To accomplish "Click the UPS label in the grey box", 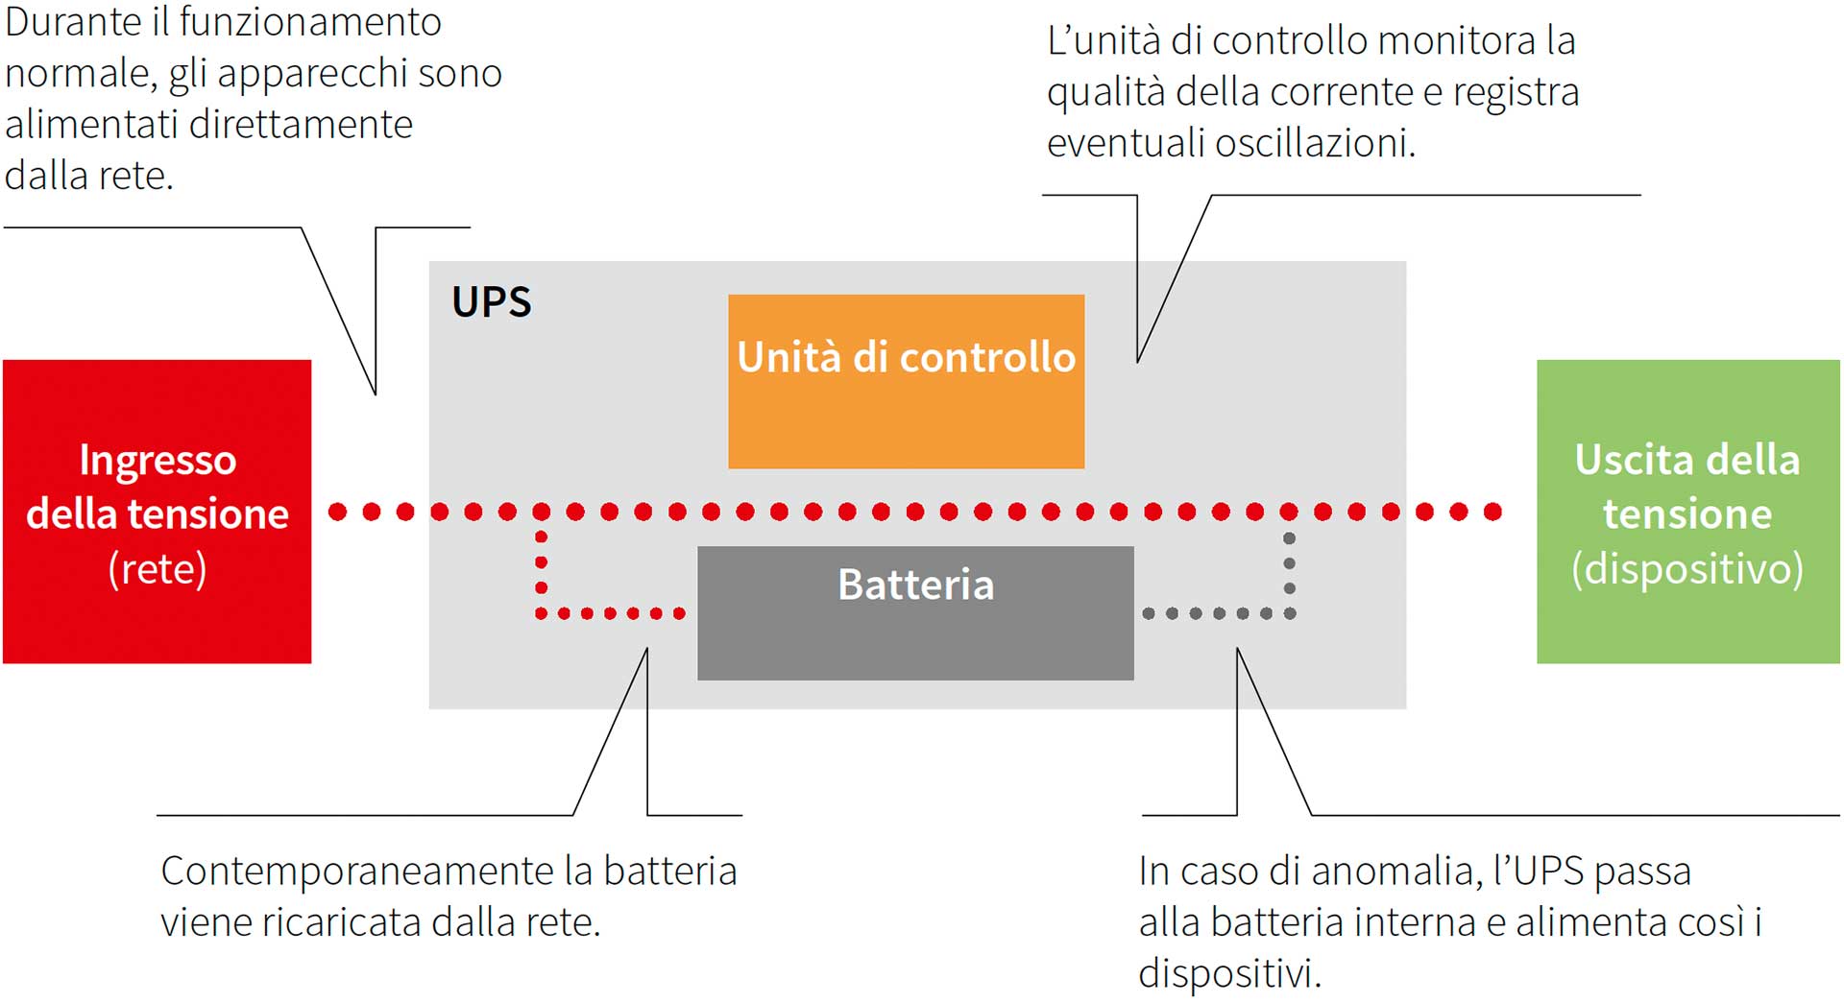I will tap(491, 302).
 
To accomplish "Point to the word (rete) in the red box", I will tap(158, 569).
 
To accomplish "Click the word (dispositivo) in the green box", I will tap(1687, 569).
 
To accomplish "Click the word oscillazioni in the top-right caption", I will tap(1315, 143).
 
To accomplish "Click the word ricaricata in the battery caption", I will tap(341, 922).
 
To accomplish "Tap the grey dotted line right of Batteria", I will tap(1218, 613).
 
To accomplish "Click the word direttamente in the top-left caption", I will tap(301, 125).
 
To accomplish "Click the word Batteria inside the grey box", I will tap(915, 585).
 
